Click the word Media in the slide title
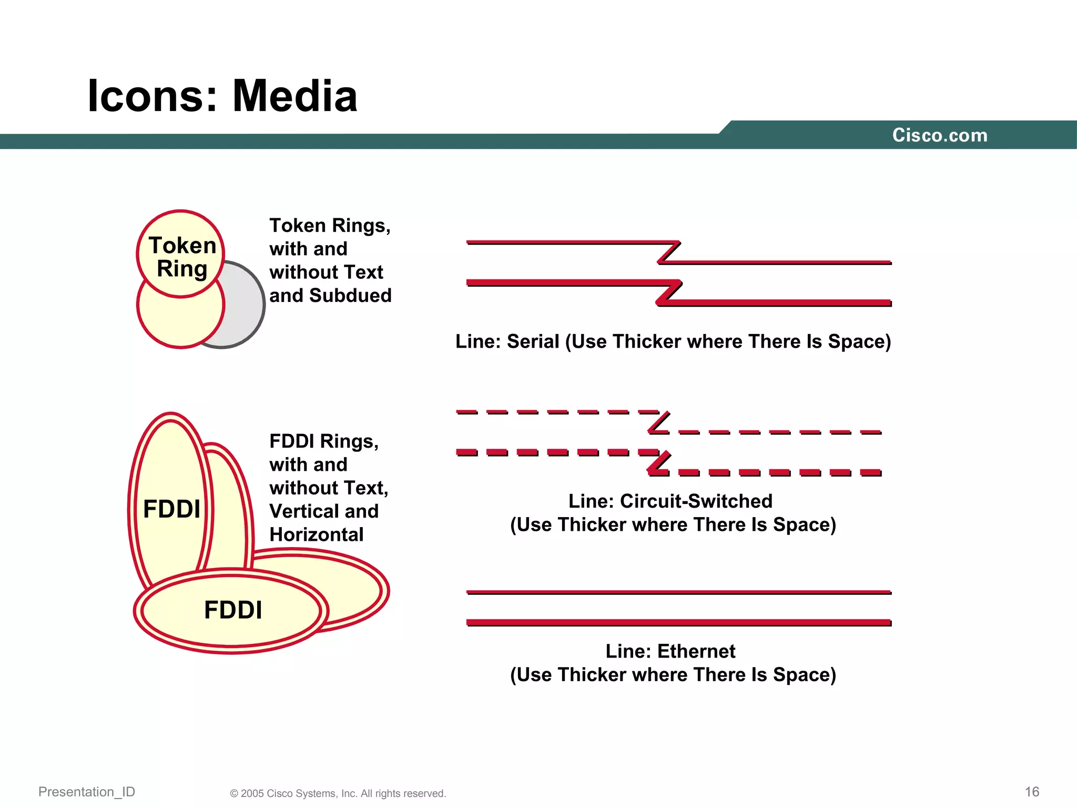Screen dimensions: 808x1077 click(294, 96)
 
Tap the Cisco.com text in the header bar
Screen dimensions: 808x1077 click(940, 135)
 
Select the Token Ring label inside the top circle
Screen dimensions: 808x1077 click(182, 257)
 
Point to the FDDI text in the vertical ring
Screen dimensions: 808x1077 click(171, 509)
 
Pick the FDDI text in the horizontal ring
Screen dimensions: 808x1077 click(232, 610)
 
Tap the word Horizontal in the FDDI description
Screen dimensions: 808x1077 click(316, 535)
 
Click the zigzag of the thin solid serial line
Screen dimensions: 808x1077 click(669, 252)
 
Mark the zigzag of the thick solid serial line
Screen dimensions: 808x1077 click(669, 292)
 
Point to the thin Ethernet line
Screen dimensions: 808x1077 click(678, 592)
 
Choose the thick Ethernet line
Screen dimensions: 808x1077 click(678, 622)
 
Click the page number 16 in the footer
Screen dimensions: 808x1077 click(1032, 792)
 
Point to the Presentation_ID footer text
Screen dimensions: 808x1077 click(87, 792)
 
